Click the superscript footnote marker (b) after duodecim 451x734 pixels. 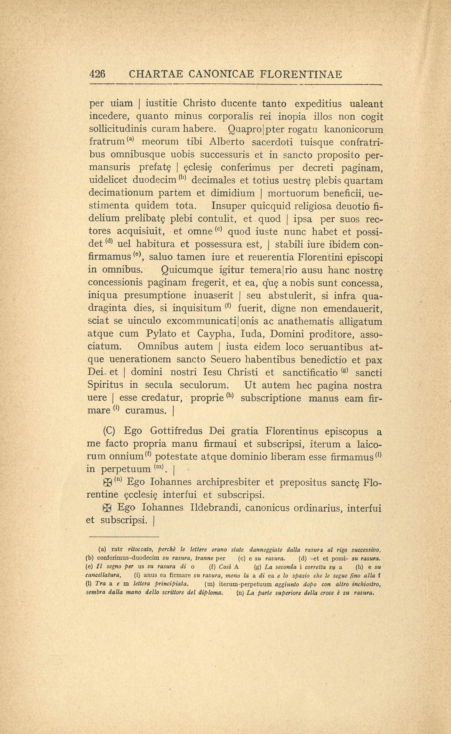coord(182,178)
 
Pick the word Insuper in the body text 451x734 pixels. coord(228,206)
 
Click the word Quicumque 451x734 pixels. coord(187,270)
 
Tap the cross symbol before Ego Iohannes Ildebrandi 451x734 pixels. coord(107,508)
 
